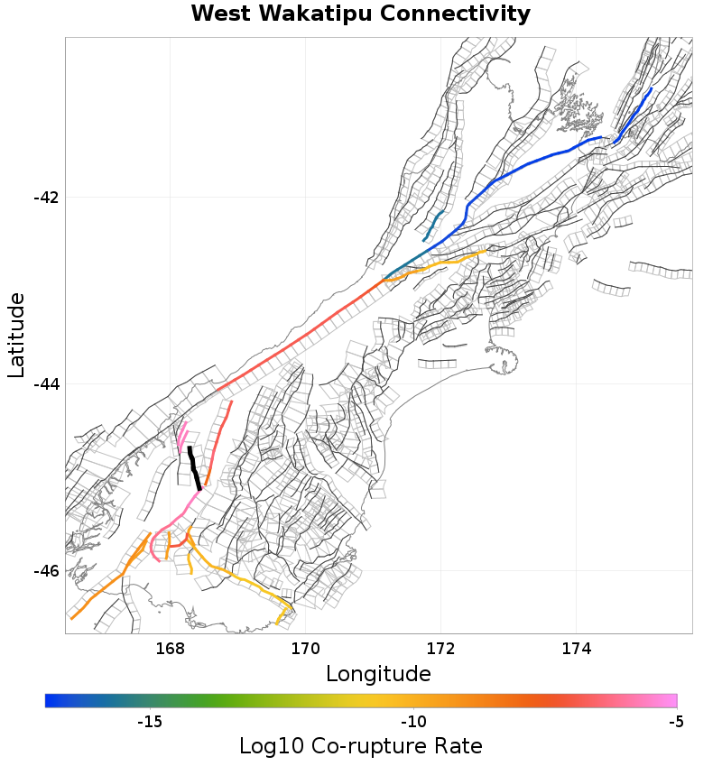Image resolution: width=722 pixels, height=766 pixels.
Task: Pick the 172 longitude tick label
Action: point(440,648)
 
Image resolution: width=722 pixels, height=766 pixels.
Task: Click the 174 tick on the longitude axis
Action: point(576,648)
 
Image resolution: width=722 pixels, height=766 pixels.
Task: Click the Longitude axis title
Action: point(378,674)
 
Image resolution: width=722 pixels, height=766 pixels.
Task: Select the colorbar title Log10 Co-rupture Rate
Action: point(361,746)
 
